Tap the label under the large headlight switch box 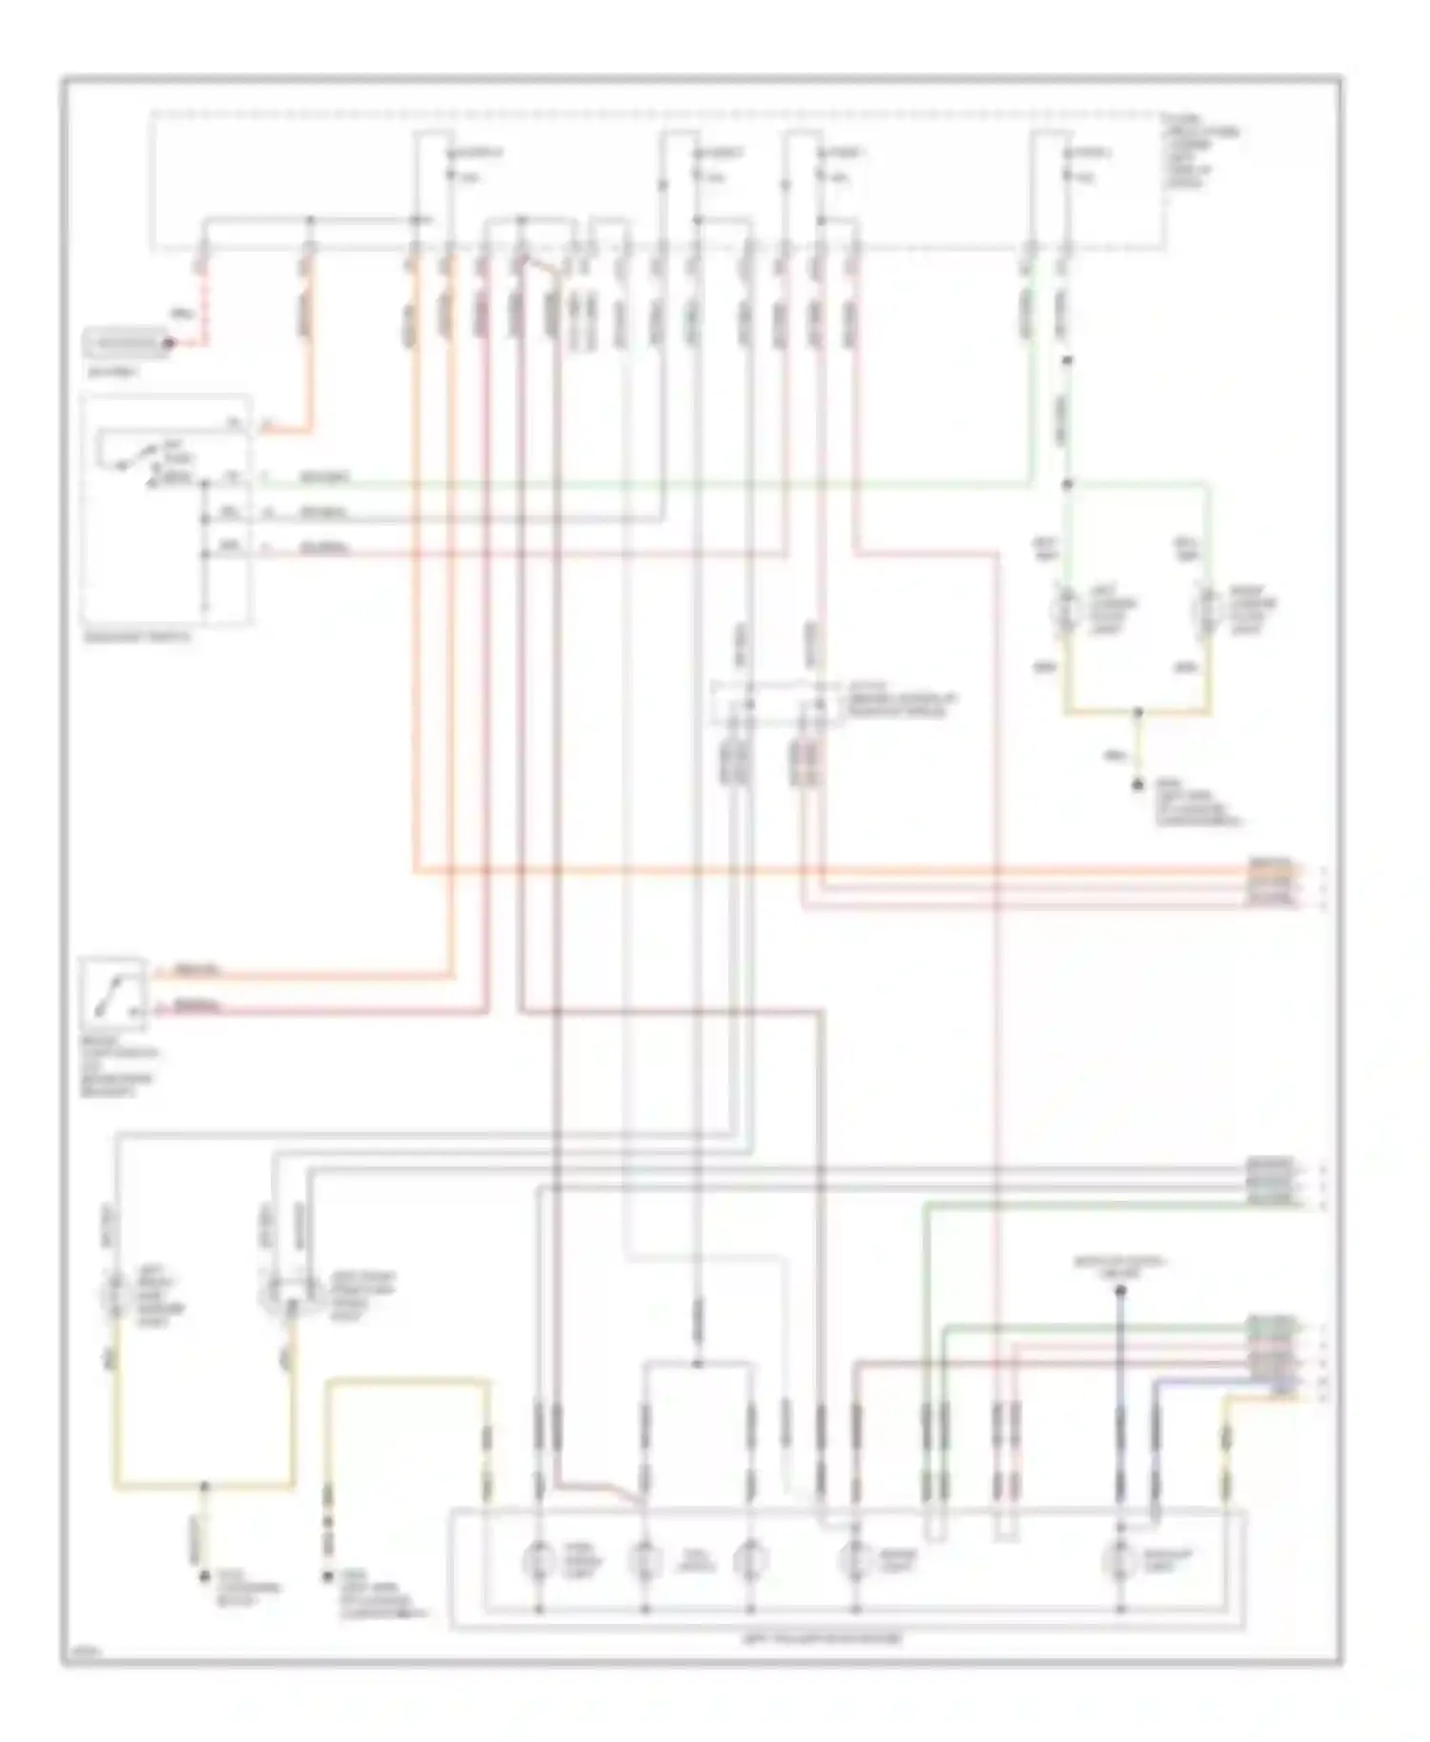click(x=137, y=638)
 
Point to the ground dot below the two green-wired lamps click(x=1137, y=786)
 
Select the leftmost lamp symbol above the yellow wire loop click(x=115, y=1293)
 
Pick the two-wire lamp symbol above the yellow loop click(x=282, y=1293)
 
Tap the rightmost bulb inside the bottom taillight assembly click(x=1120, y=1560)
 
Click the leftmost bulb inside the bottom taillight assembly click(x=539, y=1560)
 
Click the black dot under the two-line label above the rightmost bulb click(x=1121, y=1290)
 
